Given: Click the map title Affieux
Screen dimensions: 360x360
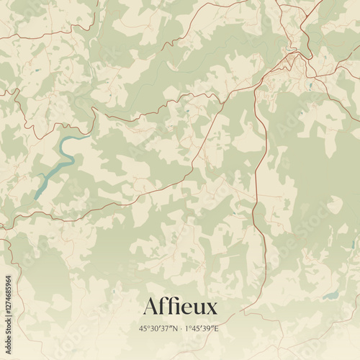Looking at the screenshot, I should tap(179, 307).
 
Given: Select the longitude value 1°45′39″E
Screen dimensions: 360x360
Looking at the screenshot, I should tap(202, 328).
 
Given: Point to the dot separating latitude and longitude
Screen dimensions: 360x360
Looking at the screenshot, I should tap(180, 328).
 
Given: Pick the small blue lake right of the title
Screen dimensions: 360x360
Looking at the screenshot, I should tap(330, 296).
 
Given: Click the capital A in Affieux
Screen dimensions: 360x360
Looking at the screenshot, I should tap(150, 307).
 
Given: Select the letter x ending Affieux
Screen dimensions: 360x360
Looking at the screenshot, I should tap(210, 308).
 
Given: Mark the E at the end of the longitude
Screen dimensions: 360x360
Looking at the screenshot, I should tap(216, 328).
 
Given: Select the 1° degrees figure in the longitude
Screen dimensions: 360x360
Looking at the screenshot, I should tap(186, 328).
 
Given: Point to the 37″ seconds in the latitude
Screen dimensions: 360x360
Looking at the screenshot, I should tap(165, 328).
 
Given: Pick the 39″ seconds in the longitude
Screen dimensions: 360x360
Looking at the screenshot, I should tap(208, 328).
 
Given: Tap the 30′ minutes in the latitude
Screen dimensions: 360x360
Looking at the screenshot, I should tap(154, 328).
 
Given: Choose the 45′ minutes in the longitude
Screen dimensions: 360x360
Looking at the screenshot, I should tap(196, 328).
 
